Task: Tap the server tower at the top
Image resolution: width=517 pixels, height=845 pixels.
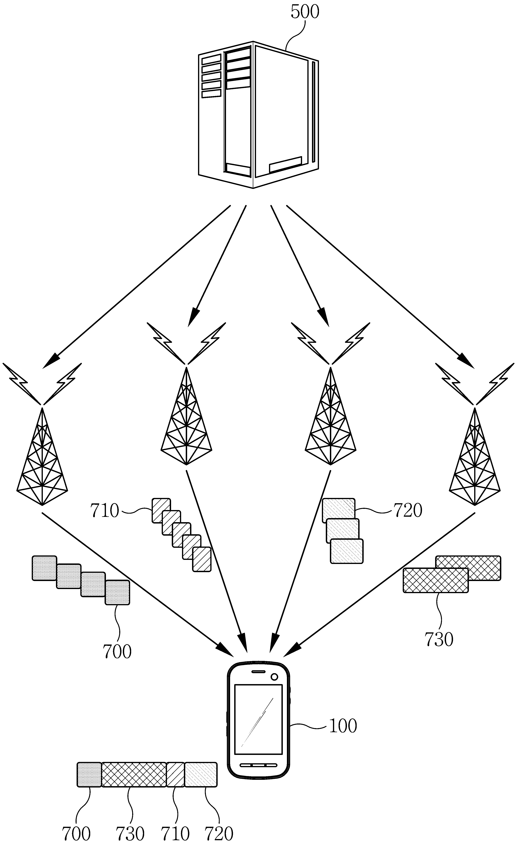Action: (259, 114)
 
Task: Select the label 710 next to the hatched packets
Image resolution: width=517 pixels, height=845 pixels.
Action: (104, 511)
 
